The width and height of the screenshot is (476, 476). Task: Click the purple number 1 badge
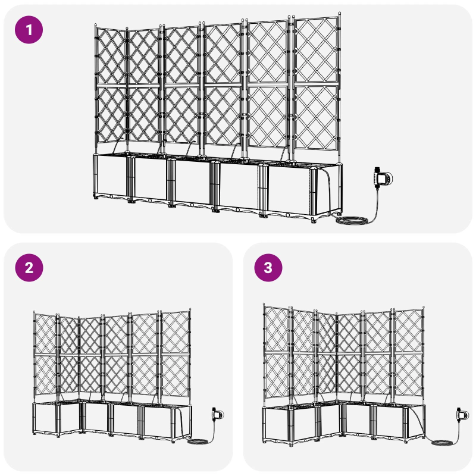[x=29, y=29]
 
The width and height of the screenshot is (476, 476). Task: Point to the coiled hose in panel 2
[x=197, y=442]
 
